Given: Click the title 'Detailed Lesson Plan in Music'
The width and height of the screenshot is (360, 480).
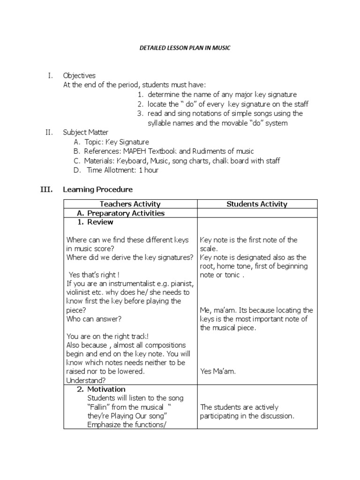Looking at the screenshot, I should [x=180, y=48].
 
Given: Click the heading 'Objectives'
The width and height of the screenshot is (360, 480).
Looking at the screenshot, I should [x=79, y=75].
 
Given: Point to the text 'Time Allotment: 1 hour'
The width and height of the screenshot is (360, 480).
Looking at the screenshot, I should [x=122, y=170].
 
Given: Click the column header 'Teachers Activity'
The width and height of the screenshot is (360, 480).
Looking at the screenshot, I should [x=130, y=204].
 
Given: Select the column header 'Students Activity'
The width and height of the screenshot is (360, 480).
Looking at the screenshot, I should [x=257, y=204].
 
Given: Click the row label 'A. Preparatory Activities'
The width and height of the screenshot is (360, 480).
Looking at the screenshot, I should [x=120, y=213].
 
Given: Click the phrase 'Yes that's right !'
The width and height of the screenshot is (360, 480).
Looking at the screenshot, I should [x=94, y=275].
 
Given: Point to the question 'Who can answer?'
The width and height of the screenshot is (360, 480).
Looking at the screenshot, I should [x=94, y=319].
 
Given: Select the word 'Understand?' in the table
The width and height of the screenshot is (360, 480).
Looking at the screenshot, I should [x=86, y=380].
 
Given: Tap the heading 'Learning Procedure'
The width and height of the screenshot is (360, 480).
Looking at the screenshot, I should [x=98, y=189].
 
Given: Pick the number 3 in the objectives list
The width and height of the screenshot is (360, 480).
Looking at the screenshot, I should [x=140, y=113].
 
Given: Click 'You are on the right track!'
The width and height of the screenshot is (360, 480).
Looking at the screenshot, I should [x=107, y=336].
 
